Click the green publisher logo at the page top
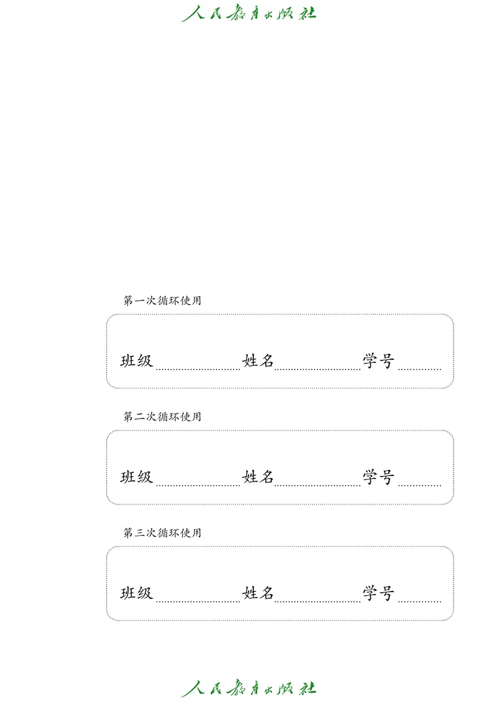pos(248,13)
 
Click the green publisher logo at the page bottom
pos(248,688)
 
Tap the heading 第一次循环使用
pos(162,301)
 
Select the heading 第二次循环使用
pos(162,417)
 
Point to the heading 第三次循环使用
pos(162,533)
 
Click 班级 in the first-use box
pos(137,361)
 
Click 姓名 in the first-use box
pos(258,361)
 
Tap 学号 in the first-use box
pos(379,361)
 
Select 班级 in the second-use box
pos(137,477)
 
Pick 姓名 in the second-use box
pos(258,477)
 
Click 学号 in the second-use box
pos(379,477)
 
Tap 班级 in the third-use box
pos(137,593)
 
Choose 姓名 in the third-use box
pos(258,593)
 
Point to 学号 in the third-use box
pos(379,593)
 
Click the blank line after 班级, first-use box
pos(198,368)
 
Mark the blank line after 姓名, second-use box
pos(317,484)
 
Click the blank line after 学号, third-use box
pos(419,600)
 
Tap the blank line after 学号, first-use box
pos(419,368)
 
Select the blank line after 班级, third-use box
pos(198,600)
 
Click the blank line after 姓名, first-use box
pos(317,368)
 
